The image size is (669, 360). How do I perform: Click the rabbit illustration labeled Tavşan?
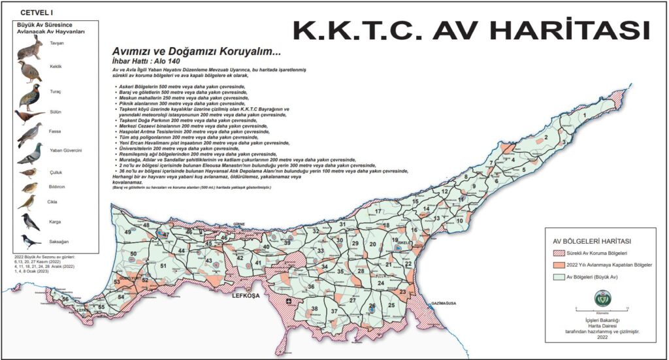click(x=29, y=48)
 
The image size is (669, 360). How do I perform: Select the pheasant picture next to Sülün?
click(x=29, y=116)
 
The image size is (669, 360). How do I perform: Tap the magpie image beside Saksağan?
click(x=29, y=241)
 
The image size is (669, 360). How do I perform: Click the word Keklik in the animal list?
click(x=56, y=67)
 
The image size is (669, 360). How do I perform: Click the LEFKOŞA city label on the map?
click(x=246, y=297)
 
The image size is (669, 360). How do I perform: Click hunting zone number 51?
click(x=163, y=265)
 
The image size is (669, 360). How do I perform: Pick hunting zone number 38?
click(x=314, y=309)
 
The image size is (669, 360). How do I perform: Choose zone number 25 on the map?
click(x=391, y=305)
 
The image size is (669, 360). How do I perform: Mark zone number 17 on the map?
click(x=378, y=211)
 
